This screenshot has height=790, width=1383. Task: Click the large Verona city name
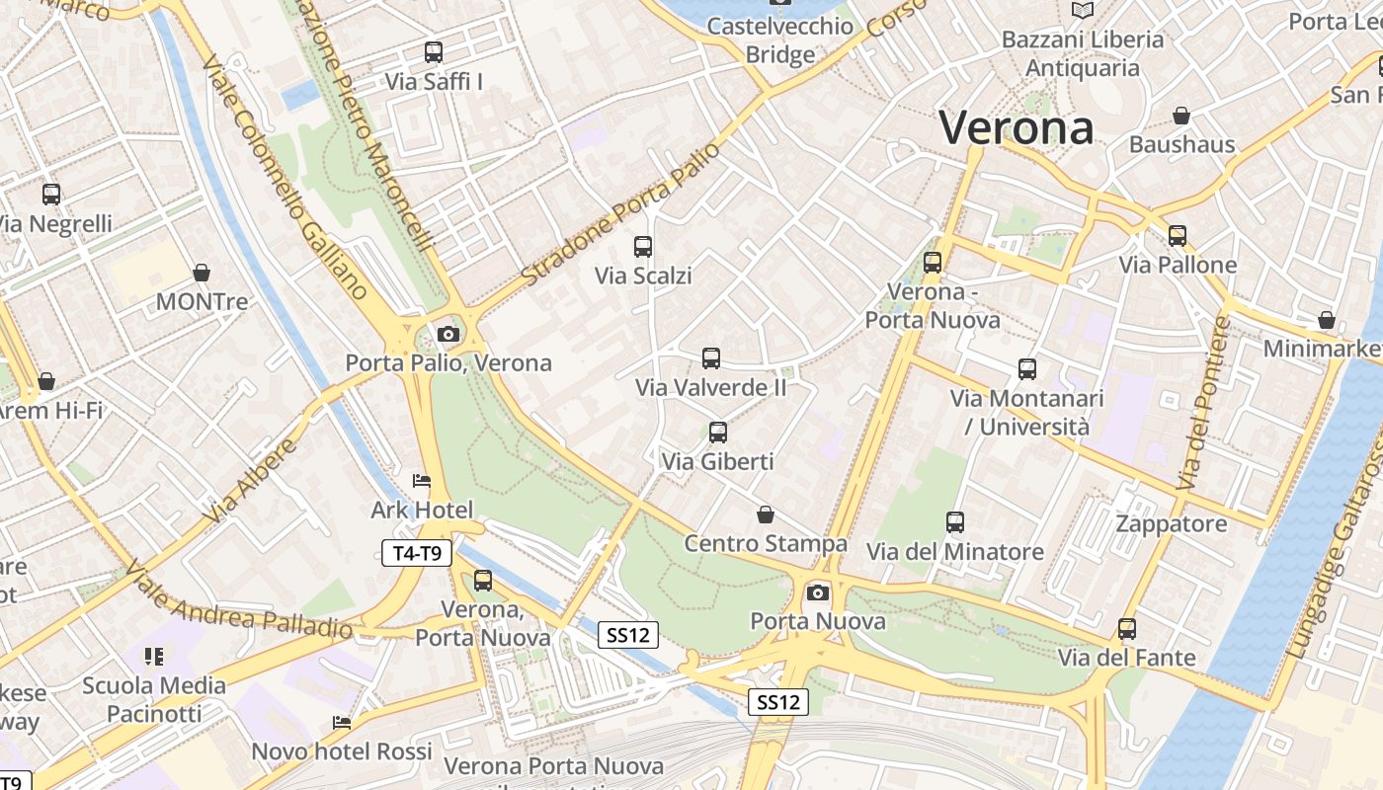tap(1017, 128)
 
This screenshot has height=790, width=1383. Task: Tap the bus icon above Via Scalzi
tap(643, 247)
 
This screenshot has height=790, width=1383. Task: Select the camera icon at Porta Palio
tap(448, 334)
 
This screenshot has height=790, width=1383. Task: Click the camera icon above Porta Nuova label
tap(817, 592)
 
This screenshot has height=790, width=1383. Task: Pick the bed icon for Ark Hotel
tap(422, 482)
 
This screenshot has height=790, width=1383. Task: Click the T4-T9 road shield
tap(417, 553)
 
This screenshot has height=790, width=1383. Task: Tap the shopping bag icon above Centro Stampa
tap(765, 514)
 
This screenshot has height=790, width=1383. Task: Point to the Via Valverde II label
tap(711, 387)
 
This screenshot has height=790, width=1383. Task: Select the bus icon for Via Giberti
tap(718, 433)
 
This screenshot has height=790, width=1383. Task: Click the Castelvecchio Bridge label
tap(779, 39)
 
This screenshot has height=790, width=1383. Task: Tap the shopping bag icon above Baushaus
tap(1181, 116)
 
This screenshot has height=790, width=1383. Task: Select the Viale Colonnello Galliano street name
tap(285, 178)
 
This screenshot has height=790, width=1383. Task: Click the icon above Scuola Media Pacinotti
tap(153, 656)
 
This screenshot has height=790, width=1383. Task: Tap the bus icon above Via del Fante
tap(1127, 629)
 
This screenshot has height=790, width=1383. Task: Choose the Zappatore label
tap(1172, 523)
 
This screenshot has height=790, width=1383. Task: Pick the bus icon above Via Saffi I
tap(434, 52)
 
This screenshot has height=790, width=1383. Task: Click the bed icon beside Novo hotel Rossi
tap(342, 723)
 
